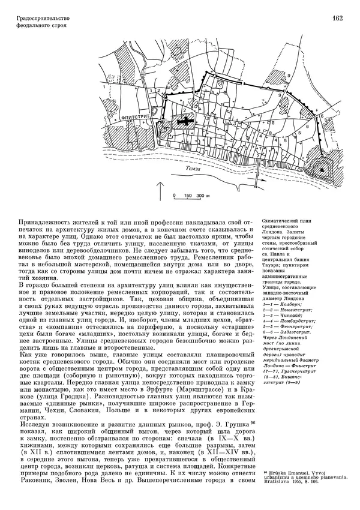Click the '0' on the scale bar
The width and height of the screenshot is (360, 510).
tap(174, 196)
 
